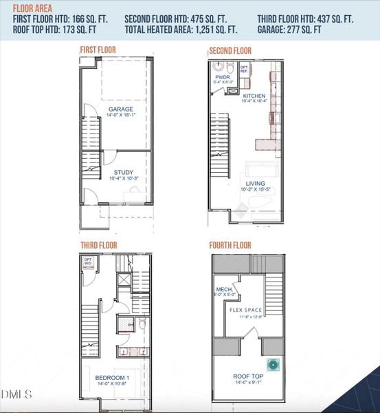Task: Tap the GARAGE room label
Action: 120,109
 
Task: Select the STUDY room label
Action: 124,173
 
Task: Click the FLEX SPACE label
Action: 247,310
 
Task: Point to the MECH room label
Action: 224,289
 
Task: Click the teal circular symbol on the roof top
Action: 273,365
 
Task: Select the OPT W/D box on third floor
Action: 88,262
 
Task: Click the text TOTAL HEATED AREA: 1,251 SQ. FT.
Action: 181,30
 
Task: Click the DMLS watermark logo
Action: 17,394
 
